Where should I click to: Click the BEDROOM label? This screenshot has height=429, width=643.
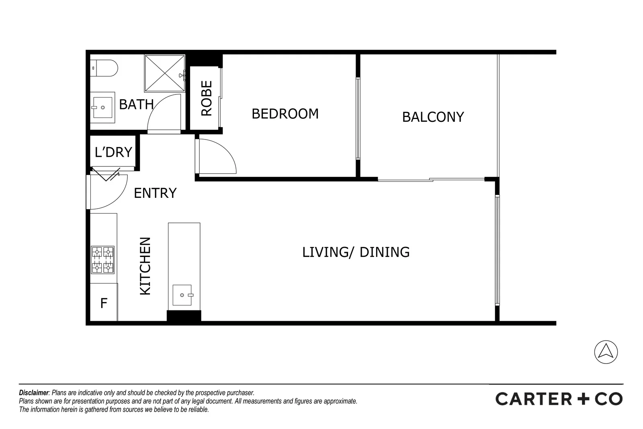(285, 114)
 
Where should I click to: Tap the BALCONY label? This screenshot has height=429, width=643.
(433, 117)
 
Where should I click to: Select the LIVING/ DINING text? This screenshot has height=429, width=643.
(356, 252)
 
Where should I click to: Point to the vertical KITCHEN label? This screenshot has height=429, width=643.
(145, 266)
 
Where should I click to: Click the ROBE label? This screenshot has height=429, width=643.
(206, 99)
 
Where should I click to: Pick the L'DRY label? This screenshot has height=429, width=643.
(113, 152)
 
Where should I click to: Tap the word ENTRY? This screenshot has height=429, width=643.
(155, 193)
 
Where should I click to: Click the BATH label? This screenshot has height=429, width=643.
(136, 105)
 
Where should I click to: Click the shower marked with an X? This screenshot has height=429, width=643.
(164, 73)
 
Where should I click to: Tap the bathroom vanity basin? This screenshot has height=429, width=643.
(103, 107)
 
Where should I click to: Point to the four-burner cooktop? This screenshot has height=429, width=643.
(103, 260)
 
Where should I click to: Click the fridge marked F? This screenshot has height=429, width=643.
(104, 303)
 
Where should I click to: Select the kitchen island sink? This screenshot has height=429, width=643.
(182, 295)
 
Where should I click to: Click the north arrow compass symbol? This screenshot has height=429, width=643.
(606, 352)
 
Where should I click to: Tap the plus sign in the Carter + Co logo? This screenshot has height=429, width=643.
(584, 399)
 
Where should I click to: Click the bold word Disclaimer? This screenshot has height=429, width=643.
(33, 393)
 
